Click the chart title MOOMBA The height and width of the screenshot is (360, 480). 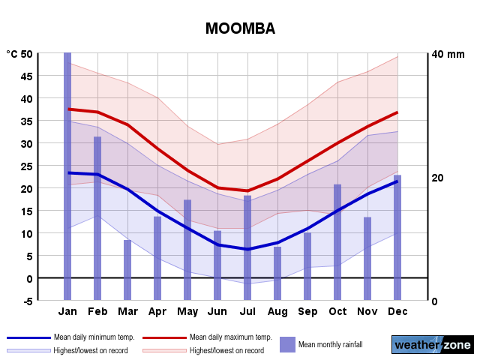click(240, 28)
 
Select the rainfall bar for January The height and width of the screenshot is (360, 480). click(67, 176)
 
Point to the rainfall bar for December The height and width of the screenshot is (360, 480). click(397, 237)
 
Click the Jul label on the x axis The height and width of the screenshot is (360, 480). click(247, 311)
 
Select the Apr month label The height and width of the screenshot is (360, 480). click(157, 311)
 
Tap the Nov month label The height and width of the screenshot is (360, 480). click(367, 311)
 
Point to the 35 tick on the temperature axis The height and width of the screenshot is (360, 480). click(26, 121)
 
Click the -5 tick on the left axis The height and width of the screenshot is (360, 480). click(26, 301)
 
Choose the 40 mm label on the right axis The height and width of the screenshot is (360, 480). click(447, 54)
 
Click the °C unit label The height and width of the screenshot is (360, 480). click(13, 54)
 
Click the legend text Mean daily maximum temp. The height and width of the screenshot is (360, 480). click(230, 337)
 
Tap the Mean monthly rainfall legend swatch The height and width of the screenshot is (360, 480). click(287, 344)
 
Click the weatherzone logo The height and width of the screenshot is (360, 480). click(432, 345)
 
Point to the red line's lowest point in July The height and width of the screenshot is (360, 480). click(247, 190)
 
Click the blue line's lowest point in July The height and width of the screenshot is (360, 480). click(247, 249)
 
